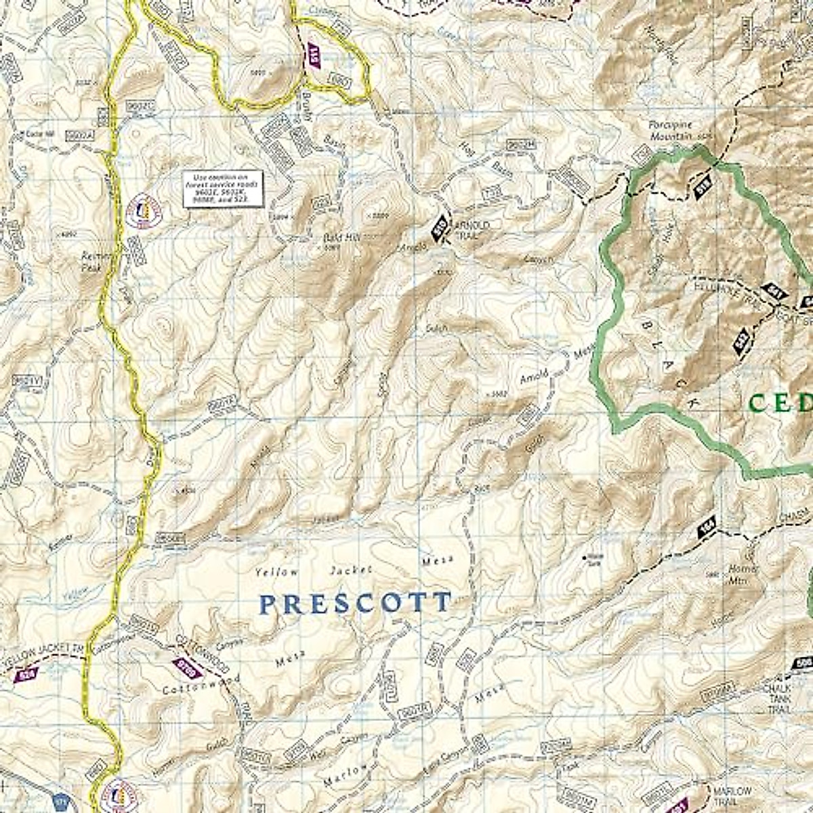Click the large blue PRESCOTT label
[355, 603]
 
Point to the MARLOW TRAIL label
[731, 796]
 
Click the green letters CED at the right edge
[779, 403]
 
